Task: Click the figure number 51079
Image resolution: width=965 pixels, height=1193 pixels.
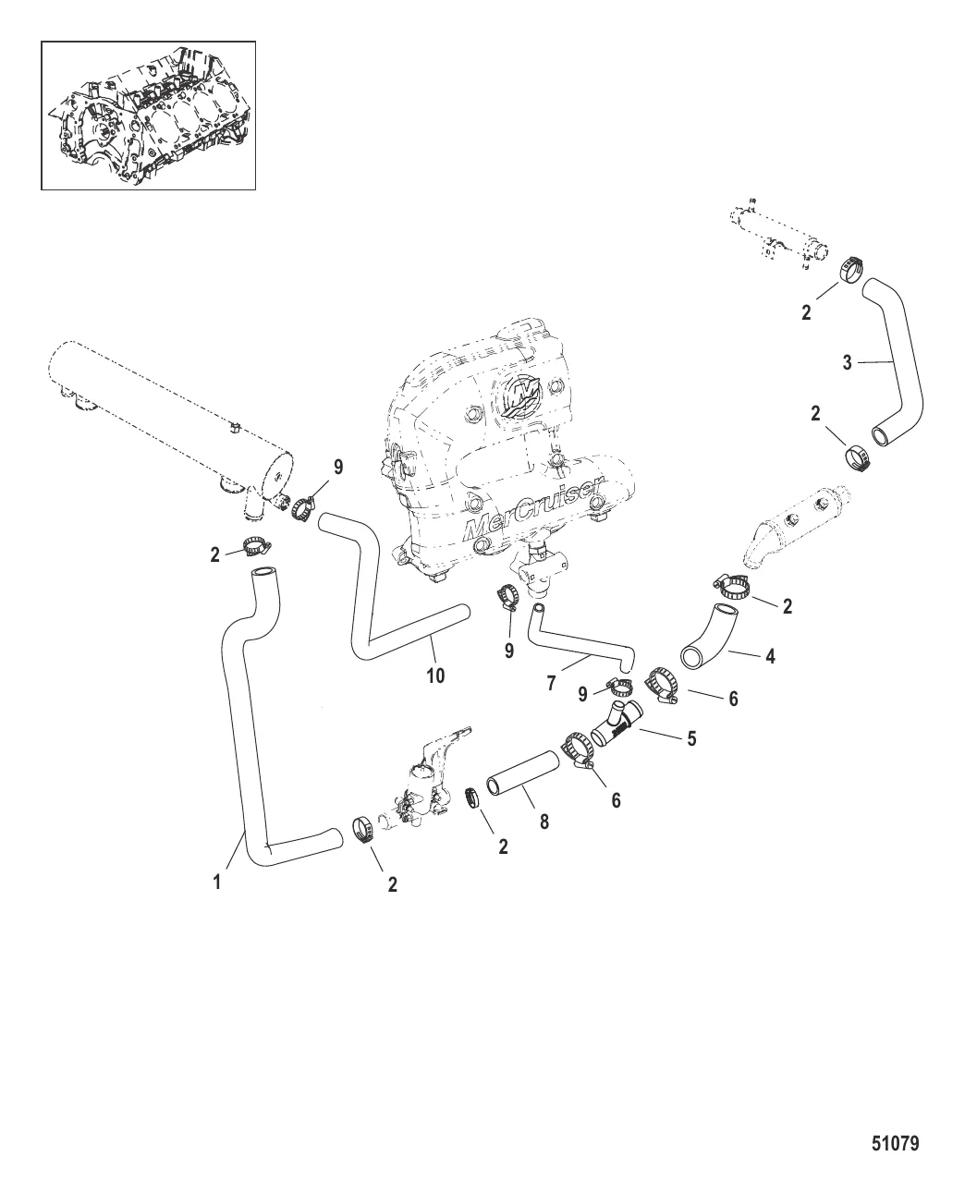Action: tap(895, 1144)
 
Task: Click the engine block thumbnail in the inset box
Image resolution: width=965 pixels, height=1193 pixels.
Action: tap(148, 115)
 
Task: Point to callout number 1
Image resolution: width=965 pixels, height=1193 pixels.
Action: tap(217, 883)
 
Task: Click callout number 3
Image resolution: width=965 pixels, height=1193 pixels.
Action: tap(847, 362)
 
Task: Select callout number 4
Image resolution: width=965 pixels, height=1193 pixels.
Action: tap(770, 657)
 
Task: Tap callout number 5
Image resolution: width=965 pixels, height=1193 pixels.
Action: tap(690, 738)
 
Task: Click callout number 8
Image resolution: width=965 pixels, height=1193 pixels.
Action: tap(544, 820)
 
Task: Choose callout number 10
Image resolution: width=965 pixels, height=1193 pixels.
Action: tap(434, 676)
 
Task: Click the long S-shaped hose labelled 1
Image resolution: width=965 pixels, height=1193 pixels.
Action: tap(242, 721)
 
